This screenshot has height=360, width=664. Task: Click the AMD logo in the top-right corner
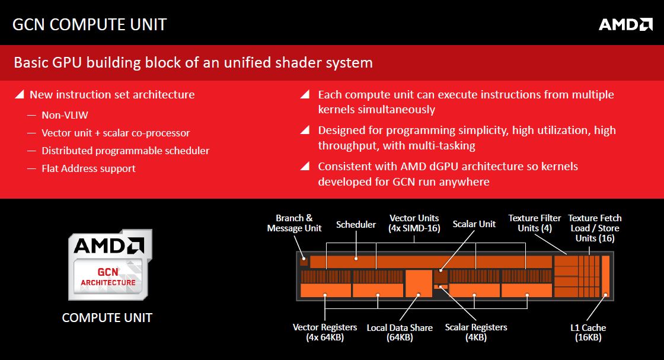(625, 24)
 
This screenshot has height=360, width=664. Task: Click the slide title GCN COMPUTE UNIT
(90, 24)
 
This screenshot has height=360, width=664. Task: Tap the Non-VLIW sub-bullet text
(65, 115)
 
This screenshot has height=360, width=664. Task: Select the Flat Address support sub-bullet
(88, 168)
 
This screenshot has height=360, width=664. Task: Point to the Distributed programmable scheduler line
(125, 151)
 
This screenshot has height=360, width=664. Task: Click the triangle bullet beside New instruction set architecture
(19, 94)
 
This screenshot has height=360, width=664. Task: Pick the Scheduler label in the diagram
(356, 224)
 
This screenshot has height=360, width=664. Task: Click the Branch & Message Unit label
(294, 223)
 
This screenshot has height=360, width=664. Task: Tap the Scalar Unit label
(474, 224)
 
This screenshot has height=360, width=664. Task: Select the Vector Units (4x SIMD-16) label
(414, 223)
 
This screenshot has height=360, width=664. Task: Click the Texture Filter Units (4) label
(534, 223)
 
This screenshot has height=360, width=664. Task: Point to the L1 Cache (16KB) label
(588, 333)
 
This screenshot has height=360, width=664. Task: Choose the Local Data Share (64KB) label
(400, 333)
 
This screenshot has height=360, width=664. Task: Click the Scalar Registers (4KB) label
(476, 333)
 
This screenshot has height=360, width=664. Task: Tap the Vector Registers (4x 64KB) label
(325, 333)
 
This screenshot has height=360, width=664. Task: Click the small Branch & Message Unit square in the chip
(304, 261)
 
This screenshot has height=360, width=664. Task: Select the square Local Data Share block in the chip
(419, 283)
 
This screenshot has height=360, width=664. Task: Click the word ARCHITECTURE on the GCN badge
(108, 282)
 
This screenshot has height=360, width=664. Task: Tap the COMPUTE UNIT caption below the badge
(107, 318)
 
